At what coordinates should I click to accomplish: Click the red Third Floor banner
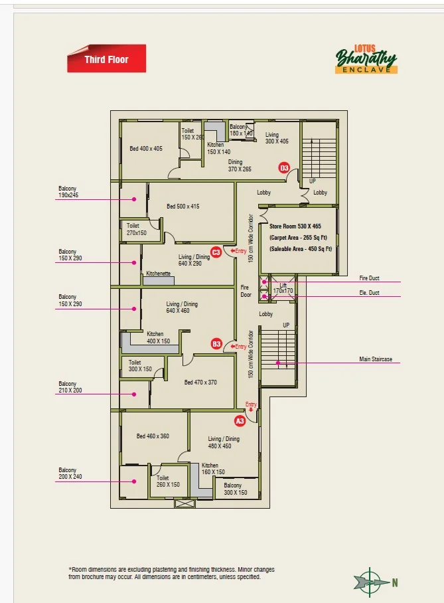coord(106,58)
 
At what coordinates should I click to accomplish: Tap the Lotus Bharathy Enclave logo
coord(366,59)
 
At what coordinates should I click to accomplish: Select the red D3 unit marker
coord(283,168)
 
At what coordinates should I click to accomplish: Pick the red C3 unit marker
coord(216,252)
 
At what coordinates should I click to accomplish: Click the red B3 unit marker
coord(216,344)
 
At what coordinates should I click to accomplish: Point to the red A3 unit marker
coord(240,421)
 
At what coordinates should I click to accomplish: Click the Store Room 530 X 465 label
coord(295,226)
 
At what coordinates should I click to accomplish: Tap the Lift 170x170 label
coord(283,288)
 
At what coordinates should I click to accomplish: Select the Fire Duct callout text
coord(369,278)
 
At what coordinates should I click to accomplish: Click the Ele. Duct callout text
coord(369,293)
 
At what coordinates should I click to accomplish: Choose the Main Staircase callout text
coord(376,359)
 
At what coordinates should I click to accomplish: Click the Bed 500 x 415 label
coord(183,206)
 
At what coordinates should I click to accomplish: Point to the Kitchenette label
coord(158,274)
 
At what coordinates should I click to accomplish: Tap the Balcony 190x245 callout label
coord(68,192)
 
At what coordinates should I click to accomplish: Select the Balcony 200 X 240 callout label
coord(70,473)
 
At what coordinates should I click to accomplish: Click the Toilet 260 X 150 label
coord(168,481)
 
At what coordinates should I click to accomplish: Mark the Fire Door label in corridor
coord(246,291)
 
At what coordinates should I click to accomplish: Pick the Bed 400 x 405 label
coord(146,149)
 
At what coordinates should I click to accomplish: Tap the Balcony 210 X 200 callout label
coord(70,387)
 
